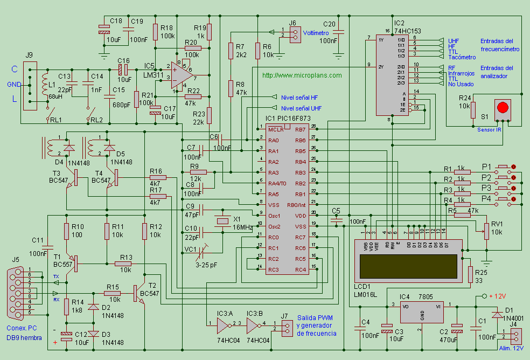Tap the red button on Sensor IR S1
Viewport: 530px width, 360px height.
[x=503, y=107]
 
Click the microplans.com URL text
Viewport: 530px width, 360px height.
[x=302, y=75]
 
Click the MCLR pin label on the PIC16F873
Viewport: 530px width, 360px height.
[x=275, y=129]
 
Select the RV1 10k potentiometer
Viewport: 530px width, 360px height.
[x=486, y=230]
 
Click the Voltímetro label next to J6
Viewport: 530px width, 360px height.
[x=316, y=33]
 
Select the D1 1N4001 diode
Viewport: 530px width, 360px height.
[x=496, y=314]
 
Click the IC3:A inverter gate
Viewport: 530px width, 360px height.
[x=222, y=325]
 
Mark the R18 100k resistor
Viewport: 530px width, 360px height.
[x=156, y=32]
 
